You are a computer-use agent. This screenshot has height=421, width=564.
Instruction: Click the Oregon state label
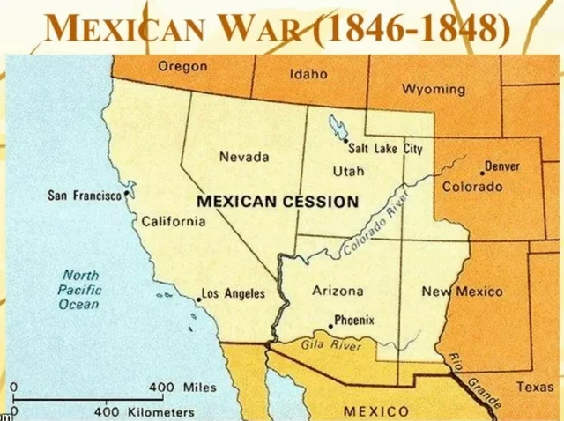(x=182, y=66)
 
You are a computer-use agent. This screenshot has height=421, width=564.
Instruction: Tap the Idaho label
(x=309, y=75)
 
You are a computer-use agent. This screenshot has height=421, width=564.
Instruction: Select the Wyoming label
(x=434, y=89)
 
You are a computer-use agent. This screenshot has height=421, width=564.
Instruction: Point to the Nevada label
(x=244, y=157)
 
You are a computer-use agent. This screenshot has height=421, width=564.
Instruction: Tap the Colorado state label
(x=471, y=187)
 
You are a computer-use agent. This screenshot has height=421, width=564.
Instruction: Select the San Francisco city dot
(x=129, y=192)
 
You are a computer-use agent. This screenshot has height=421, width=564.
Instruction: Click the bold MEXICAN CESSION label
(x=277, y=201)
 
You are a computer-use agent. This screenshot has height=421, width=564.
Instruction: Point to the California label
(x=174, y=221)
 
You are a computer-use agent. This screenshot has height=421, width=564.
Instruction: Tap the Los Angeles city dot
(x=198, y=299)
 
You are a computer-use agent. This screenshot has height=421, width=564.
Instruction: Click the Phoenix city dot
(x=330, y=326)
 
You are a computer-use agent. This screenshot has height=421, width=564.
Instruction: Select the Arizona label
(x=338, y=291)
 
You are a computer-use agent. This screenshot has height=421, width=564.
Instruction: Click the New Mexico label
(x=462, y=292)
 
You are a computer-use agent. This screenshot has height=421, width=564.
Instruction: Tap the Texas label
(x=535, y=387)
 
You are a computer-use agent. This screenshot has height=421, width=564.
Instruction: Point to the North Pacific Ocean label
(x=80, y=289)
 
